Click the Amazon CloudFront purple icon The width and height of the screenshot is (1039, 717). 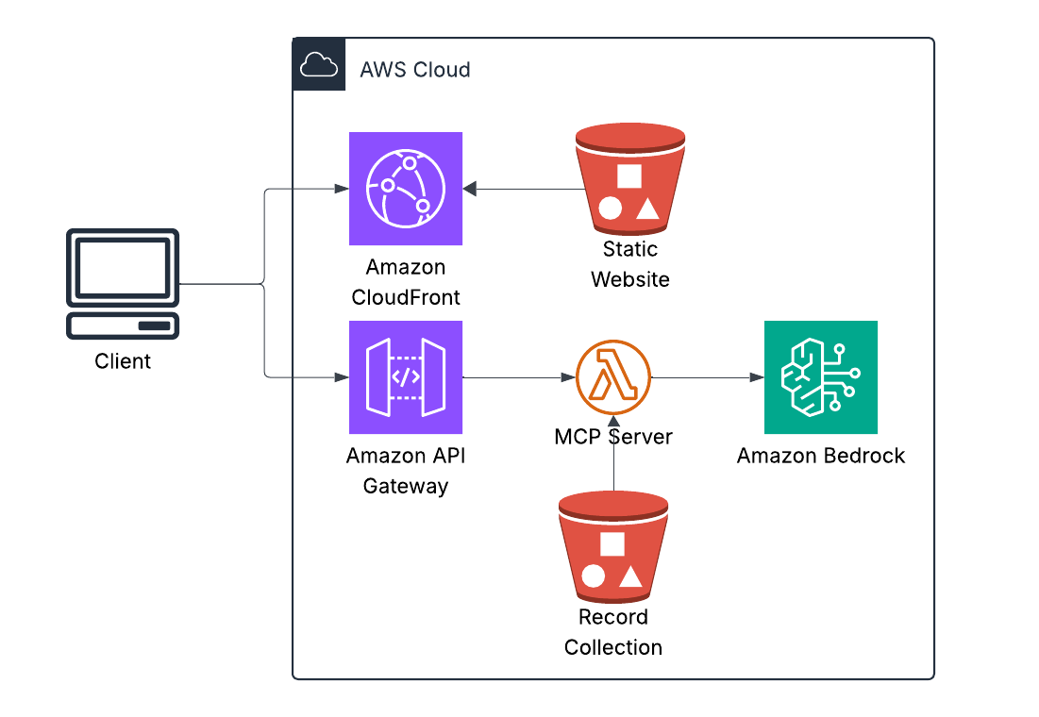click(x=406, y=189)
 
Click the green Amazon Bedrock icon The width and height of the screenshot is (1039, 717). click(x=821, y=377)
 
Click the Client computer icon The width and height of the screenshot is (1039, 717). click(x=123, y=283)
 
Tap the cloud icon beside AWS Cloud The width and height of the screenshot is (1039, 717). click(x=318, y=65)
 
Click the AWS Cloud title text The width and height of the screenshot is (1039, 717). click(x=415, y=70)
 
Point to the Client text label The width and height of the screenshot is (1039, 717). click(x=123, y=361)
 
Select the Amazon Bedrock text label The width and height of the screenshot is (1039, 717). click(x=821, y=456)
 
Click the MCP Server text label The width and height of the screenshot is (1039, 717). click(x=613, y=437)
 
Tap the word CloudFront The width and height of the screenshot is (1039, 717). click(x=406, y=297)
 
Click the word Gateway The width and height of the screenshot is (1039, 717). click(x=406, y=486)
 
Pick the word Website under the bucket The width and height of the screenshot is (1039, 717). click(x=630, y=279)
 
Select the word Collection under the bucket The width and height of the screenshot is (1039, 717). click(x=613, y=647)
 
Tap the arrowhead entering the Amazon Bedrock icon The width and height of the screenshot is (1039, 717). click(x=757, y=377)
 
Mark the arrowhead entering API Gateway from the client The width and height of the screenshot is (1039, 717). click(x=342, y=378)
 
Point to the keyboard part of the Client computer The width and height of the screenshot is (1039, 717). click(x=123, y=325)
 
